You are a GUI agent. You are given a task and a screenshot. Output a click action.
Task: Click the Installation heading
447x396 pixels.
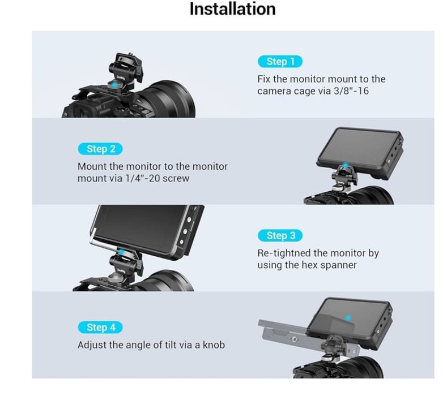pos(232,9)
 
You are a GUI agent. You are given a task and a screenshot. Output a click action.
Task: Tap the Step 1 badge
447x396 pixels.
pos(280,62)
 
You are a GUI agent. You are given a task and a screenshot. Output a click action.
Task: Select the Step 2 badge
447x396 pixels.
pos(100,149)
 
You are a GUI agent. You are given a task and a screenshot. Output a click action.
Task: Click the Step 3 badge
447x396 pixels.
pos(280,235)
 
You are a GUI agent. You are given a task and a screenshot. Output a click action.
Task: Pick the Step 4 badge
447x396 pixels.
pos(100,328)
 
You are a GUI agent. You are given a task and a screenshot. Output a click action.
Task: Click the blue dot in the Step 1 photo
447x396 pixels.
pos(114,85)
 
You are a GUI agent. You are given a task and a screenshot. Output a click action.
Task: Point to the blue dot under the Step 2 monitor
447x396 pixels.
pos(346,165)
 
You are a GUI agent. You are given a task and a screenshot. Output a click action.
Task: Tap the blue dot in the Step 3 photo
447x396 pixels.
pos(121,252)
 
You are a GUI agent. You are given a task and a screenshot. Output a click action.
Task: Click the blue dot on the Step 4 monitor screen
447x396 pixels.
pos(348,318)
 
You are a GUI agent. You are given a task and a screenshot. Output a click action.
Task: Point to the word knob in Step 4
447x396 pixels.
pos(214,345)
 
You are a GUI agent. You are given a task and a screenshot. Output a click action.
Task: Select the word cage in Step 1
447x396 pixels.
pos(309,92)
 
